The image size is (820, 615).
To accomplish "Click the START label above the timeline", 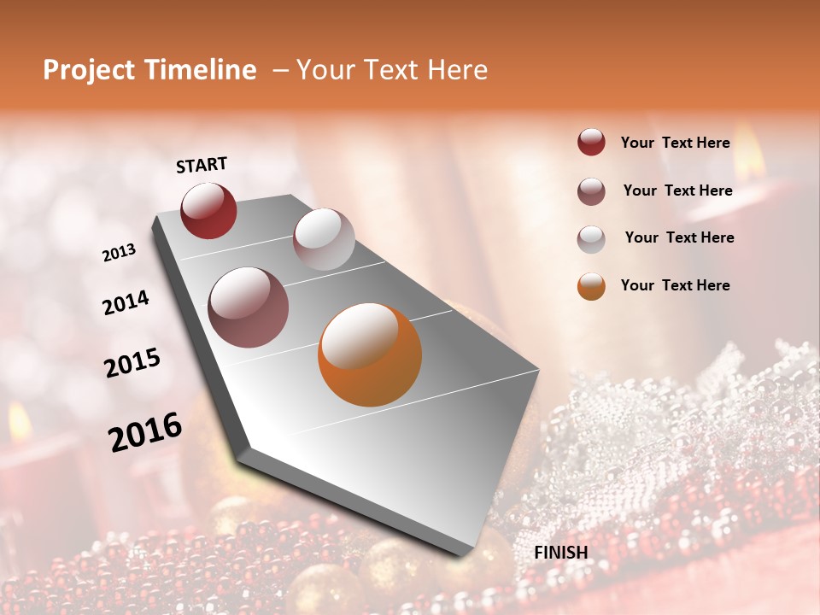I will tap(202, 165).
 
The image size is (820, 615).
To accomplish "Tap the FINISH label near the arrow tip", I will tap(561, 553).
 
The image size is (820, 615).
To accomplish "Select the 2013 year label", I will tap(120, 253).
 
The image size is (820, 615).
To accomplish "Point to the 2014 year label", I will tap(126, 302).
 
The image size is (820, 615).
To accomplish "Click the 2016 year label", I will tap(145, 432).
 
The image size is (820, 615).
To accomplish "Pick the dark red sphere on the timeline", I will tap(208, 210).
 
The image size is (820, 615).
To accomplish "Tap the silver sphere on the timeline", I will tap(324, 239).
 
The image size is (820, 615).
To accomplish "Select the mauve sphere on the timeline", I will tap(249, 307).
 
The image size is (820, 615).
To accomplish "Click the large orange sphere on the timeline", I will tap(370, 354).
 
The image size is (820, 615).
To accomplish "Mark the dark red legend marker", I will tap(591, 143).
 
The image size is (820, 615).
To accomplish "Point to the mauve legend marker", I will tap(591, 191).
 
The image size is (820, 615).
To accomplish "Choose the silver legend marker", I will tap(591, 238).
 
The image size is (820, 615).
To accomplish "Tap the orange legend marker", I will tap(591, 286).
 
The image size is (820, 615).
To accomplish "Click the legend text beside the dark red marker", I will tap(675, 143).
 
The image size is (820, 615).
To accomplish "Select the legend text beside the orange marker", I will tap(675, 285).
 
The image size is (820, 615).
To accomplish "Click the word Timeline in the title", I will tap(200, 70).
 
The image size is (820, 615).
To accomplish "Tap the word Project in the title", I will tap(90, 70).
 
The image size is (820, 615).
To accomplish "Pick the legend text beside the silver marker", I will tap(679, 237).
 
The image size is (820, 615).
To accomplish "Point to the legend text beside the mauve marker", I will tap(677, 190).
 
